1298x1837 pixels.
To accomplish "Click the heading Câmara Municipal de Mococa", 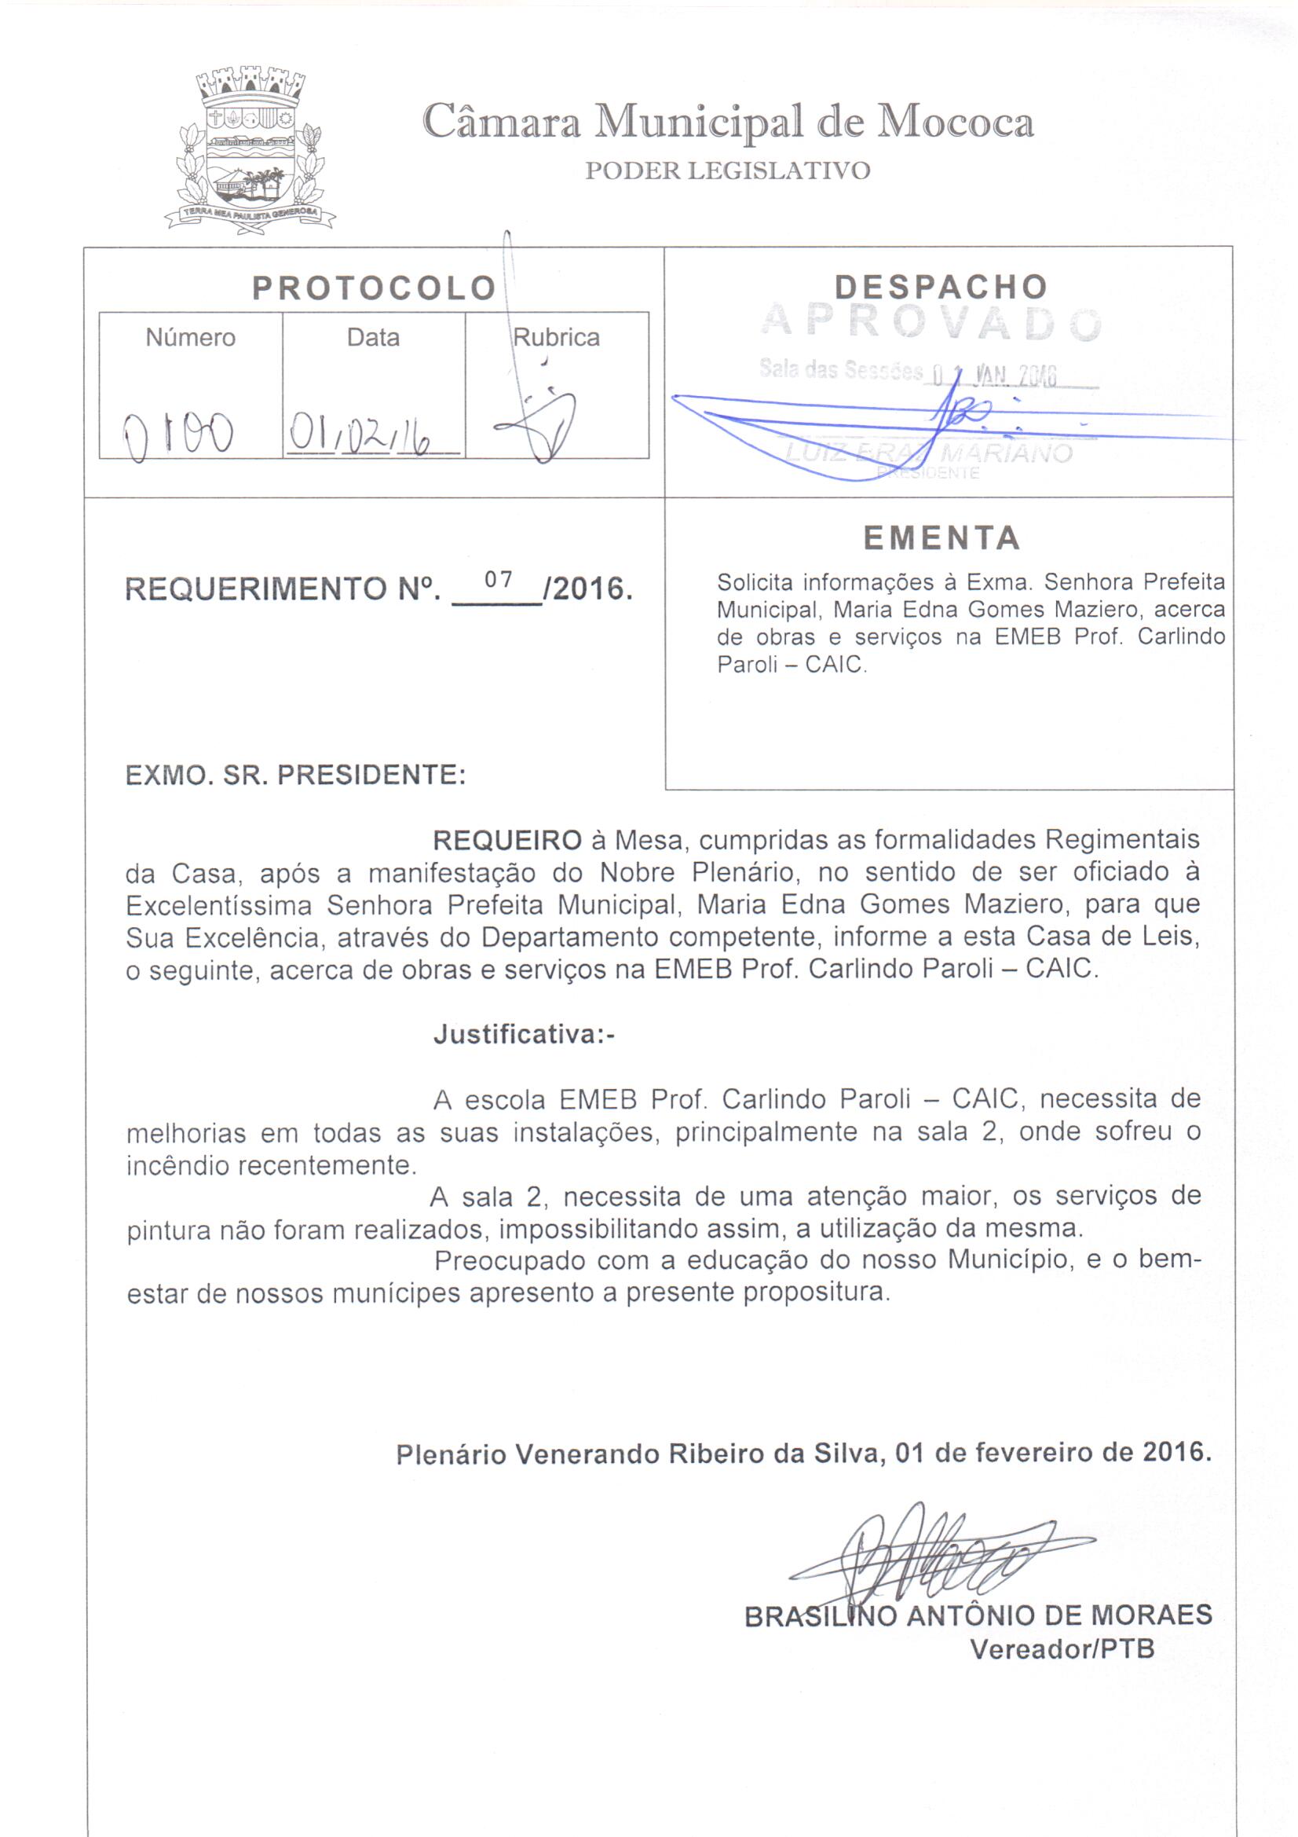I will (x=727, y=123).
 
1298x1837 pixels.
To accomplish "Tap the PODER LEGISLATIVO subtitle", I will (x=727, y=171).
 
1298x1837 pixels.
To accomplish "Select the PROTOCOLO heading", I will (x=375, y=289).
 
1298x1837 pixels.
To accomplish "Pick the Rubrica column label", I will (x=557, y=338).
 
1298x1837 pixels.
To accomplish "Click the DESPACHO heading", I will (x=941, y=288).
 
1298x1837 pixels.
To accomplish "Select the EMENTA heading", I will (x=942, y=537).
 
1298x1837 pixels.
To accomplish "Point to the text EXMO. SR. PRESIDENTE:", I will (x=296, y=775).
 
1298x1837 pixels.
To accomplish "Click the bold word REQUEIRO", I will (x=507, y=840).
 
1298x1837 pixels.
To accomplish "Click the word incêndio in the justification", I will (x=181, y=1166).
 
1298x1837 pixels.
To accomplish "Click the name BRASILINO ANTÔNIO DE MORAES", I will (x=978, y=1615).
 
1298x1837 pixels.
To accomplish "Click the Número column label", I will (x=190, y=338).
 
